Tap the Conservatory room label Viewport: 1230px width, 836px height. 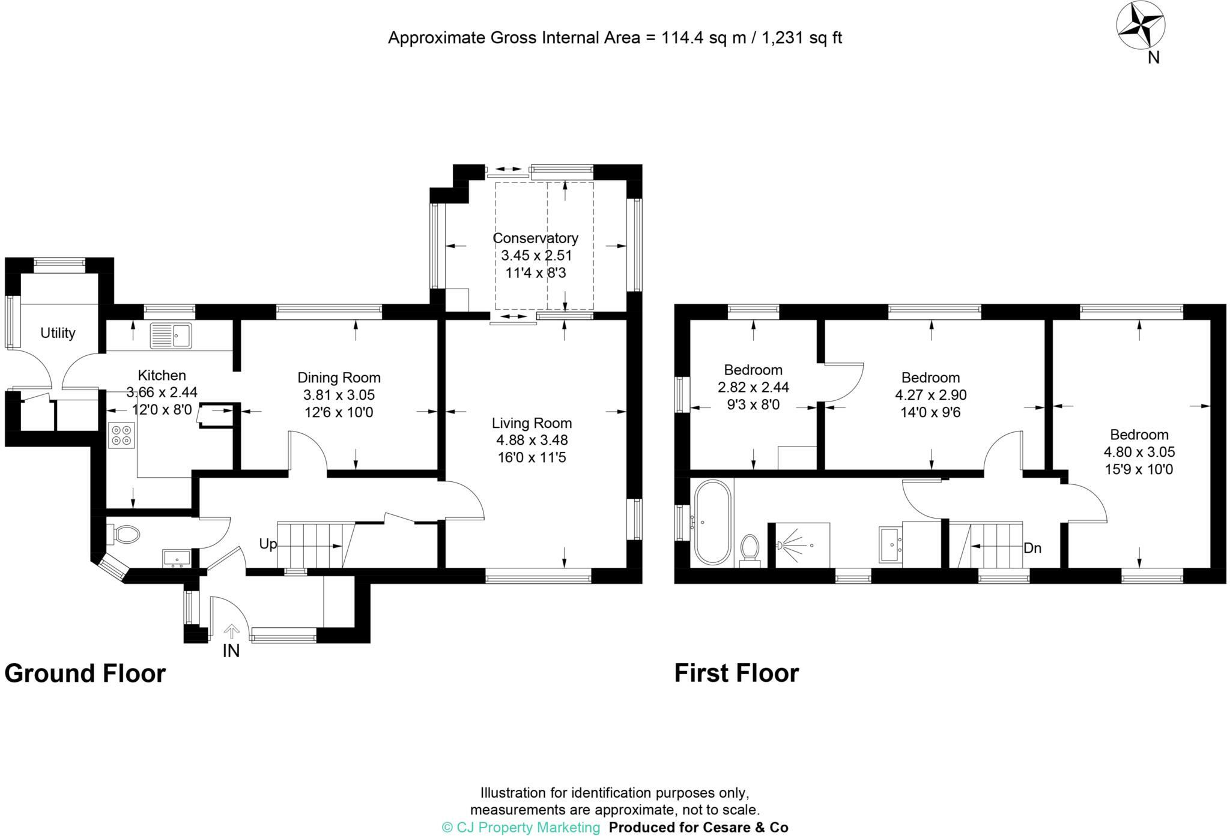pyautogui.click(x=535, y=238)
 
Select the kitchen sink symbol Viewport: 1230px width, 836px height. pyautogui.click(x=171, y=335)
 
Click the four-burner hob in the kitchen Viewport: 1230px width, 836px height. pyautogui.click(x=122, y=435)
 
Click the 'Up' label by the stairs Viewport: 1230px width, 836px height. pyautogui.click(x=268, y=544)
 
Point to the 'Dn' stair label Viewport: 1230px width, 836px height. pyautogui.click(x=1032, y=548)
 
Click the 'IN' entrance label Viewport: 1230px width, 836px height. pyautogui.click(x=231, y=651)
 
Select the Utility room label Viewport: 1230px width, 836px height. pyautogui.click(x=58, y=332)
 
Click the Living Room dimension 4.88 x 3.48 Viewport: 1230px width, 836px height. pyautogui.click(x=532, y=441)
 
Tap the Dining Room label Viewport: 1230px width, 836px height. pyautogui.click(x=339, y=377)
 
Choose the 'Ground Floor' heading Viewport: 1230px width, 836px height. pyautogui.click(x=85, y=673)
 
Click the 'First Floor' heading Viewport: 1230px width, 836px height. pyautogui.click(x=736, y=673)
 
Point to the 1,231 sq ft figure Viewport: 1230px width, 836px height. pyautogui.click(x=802, y=38)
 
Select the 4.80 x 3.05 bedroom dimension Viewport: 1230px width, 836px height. pyautogui.click(x=1139, y=452)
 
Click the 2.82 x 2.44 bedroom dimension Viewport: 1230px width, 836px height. pyautogui.click(x=753, y=387)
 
